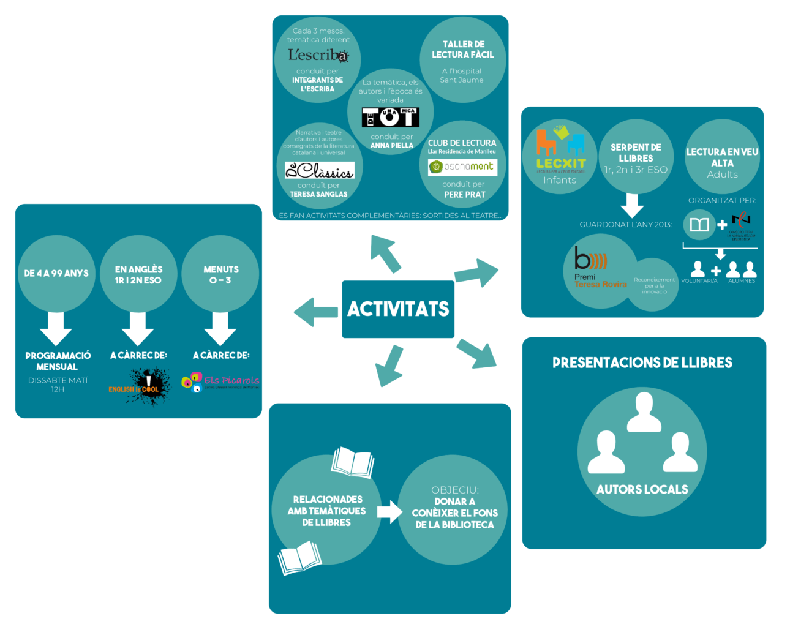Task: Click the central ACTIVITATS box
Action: (398, 309)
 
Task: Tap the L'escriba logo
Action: (318, 55)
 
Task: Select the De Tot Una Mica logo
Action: (390, 117)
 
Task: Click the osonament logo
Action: (462, 167)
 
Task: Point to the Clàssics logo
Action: (319, 170)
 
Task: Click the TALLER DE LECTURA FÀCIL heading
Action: (463, 50)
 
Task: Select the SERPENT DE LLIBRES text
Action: (636, 152)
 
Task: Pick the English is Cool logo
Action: (140, 386)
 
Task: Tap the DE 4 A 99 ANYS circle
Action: (56, 274)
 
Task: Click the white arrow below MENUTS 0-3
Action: (220, 328)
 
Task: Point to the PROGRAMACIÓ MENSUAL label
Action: (58, 361)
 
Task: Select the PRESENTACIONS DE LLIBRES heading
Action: (642, 362)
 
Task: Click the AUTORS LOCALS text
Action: (642, 489)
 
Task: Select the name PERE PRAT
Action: (464, 195)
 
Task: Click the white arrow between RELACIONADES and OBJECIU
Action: (389, 511)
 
